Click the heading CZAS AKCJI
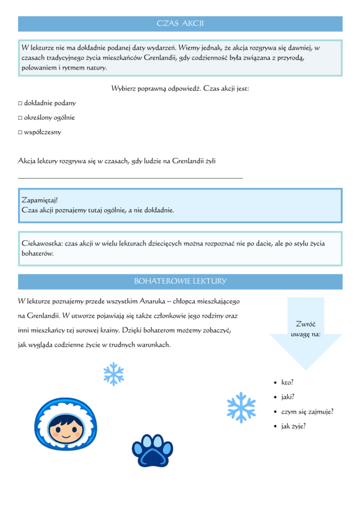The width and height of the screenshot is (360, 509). point(180,23)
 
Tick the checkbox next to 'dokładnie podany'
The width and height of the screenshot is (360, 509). point(20,103)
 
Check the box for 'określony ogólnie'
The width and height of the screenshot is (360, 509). point(20,118)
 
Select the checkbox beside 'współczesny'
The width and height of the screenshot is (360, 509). point(20,133)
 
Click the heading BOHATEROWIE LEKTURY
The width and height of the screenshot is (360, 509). point(180,281)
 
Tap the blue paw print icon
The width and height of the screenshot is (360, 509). point(151,450)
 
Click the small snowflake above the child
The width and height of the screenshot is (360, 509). point(114,374)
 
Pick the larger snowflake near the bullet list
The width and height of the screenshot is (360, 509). point(241,407)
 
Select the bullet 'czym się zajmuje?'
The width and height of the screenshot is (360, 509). point(307,412)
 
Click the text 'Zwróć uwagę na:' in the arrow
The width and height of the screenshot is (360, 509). point(306,329)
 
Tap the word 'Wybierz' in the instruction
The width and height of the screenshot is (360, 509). point(123,89)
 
